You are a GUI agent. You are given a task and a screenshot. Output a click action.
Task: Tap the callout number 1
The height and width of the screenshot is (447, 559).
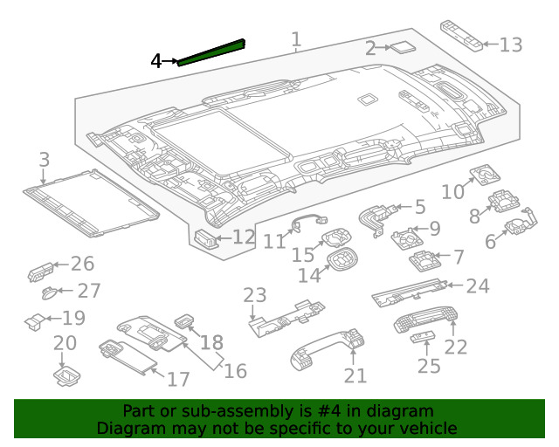tap(296, 39)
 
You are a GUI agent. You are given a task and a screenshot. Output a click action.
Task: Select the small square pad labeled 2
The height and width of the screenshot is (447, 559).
tap(403, 48)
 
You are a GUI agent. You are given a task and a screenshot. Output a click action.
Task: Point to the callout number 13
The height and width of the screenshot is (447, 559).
tap(510, 45)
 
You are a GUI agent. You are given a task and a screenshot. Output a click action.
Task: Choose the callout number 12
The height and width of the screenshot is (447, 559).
tap(243, 237)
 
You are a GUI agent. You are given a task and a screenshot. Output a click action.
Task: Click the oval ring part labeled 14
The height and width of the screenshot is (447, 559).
tap(342, 259)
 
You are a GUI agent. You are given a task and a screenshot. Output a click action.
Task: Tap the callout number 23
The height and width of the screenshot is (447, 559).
tap(254, 296)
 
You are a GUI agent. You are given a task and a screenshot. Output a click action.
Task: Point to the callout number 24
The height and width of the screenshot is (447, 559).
tap(478, 285)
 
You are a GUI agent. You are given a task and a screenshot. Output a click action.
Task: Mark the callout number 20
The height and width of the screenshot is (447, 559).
tap(66, 344)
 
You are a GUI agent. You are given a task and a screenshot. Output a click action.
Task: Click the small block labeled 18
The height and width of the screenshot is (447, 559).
tap(184, 321)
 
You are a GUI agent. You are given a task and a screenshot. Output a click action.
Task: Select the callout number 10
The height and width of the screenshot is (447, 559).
tap(452, 191)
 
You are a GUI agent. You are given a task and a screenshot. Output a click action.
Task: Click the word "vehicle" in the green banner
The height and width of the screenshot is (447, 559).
tap(427, 429)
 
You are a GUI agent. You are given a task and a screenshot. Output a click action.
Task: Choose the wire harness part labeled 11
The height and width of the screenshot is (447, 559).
tap(308, 223)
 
